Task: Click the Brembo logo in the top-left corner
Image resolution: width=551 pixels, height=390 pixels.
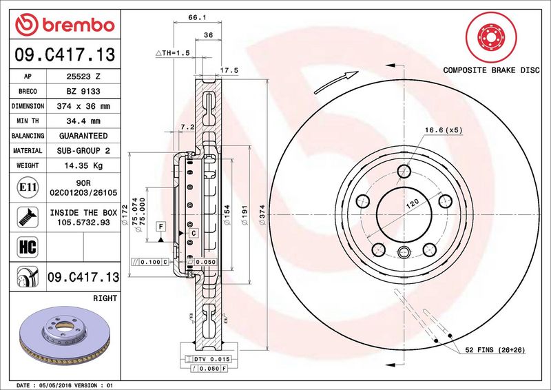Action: coord(65,25)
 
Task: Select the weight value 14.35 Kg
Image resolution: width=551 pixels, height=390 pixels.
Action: coord(83,165)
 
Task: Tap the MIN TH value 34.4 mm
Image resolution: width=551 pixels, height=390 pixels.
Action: coord(83,121)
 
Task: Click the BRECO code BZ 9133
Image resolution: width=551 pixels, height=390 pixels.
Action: coord(83,92)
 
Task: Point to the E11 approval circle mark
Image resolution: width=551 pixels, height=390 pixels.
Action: coord(28,187)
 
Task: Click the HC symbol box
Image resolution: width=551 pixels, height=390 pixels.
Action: coord(28,247)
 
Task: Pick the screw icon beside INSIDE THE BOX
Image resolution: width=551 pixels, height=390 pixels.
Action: coord(28,217)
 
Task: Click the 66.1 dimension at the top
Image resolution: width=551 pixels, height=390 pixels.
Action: coord(197,17)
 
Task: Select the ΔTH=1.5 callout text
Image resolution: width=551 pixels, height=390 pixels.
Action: coord(173,53)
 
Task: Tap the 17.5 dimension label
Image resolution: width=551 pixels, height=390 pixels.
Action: coord(229,70)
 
